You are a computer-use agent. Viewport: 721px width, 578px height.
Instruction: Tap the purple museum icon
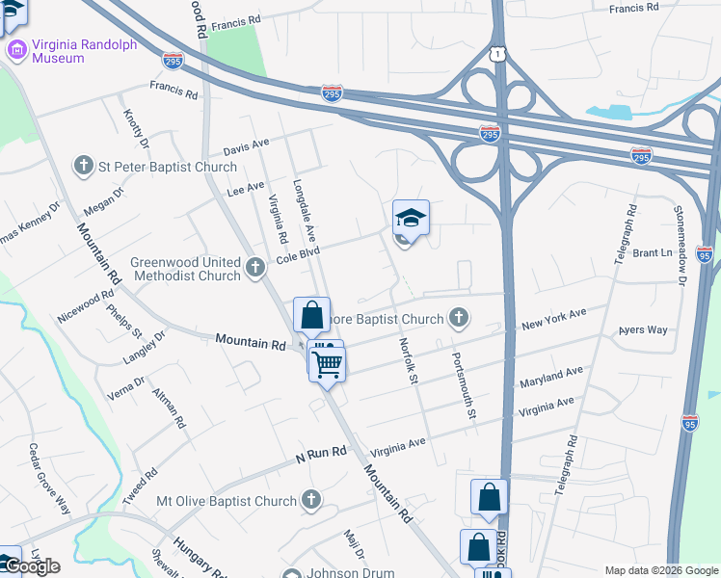(16, 49)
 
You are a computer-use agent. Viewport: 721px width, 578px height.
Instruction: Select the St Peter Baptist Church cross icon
(84, 166)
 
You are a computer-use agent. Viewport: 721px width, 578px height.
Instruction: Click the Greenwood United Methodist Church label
(185, 268)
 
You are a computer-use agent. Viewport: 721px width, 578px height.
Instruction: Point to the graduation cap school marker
(411, 220)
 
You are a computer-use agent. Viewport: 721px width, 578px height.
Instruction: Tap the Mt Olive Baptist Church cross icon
(310, 501)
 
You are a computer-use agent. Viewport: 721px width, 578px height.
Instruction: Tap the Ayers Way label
(643, 330)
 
